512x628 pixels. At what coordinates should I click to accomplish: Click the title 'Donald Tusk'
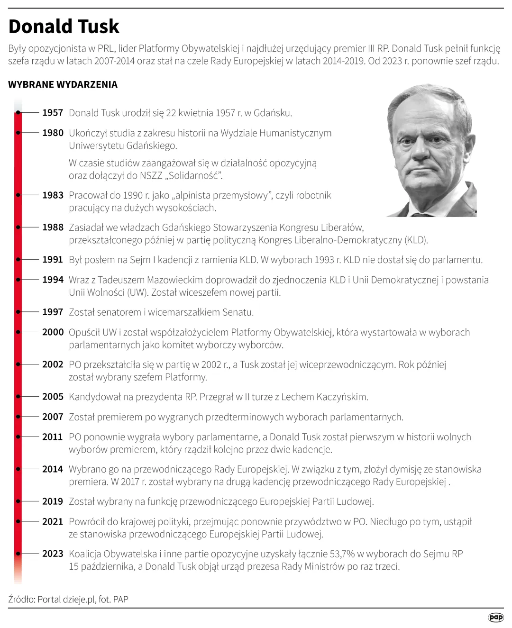pos(64,27)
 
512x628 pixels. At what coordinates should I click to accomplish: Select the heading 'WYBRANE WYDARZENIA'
pos(63,84)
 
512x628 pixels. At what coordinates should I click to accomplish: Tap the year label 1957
pos(53,113)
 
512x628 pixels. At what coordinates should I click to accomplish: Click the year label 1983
pos(53,195)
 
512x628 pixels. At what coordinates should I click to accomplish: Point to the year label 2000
pos(53,332)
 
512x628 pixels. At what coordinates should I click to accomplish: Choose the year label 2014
pos(53,469)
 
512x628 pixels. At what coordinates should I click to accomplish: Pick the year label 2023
pos(53,554)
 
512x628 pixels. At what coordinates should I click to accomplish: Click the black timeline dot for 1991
pos(18,260)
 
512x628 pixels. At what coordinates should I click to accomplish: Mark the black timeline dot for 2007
pos(18,417)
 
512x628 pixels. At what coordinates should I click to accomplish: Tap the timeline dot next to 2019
pos(18,501)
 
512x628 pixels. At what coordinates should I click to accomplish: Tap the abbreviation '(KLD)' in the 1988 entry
pos(416,240)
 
